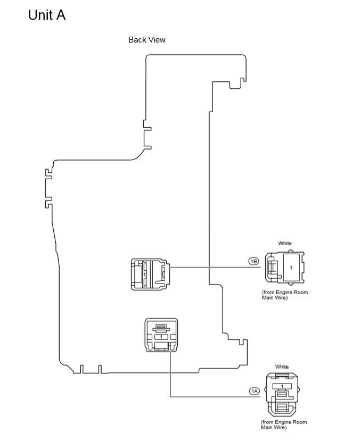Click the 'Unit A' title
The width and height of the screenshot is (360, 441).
coord(47,15)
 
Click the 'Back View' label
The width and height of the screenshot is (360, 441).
coord(147,40)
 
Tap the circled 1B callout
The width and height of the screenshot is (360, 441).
coord(253,261)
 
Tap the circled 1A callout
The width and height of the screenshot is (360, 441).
coord(255,391)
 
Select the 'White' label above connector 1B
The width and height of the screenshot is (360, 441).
coord(285,244)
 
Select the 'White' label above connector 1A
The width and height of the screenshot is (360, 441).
coord(282,367)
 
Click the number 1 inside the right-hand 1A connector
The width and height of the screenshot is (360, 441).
coord(282,386)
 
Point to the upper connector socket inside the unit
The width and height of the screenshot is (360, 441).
coord(150,274)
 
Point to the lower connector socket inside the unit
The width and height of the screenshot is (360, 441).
coord(161,335)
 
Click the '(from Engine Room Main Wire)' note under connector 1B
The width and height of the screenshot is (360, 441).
coord(284,295)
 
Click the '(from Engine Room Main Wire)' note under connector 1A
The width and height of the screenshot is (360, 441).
coord(283,425)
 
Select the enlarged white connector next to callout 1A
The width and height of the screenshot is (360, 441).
coord(282,395)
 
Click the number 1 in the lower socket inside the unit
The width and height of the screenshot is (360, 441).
coord(161,337)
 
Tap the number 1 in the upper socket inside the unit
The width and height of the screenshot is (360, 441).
coord(144,275)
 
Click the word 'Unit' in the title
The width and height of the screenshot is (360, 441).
coord(39,15)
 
